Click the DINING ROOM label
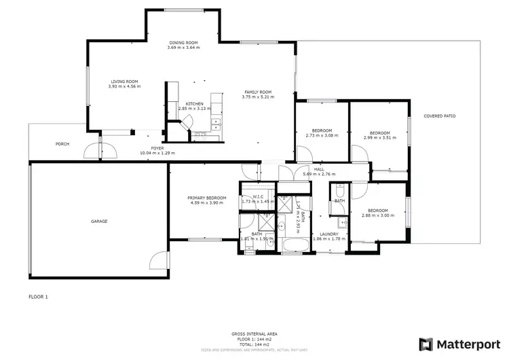pyautogui.click(x=183, y=43)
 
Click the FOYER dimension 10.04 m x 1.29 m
pyautogui.click(x=157, y=153)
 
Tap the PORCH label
pyautogui.click(x=62, y=144)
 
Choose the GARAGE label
pyautogui.click(x=100, y=221)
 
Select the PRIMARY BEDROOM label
pyautogui.click(x=206, y=198)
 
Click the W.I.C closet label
pyautogui.click(x=257, y=196)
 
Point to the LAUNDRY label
pyautogui.click(x=325, y=234)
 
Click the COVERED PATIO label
pyautogui.click(x=440, y=116)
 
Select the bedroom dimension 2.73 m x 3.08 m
pyautogui.click(x=322, y=135)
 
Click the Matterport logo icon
pyautogui.click(x=426, y=344)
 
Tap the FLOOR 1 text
pyautogui.click(x=38, y=297)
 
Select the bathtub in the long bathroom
pyautogui.click(x=294, y=245)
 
